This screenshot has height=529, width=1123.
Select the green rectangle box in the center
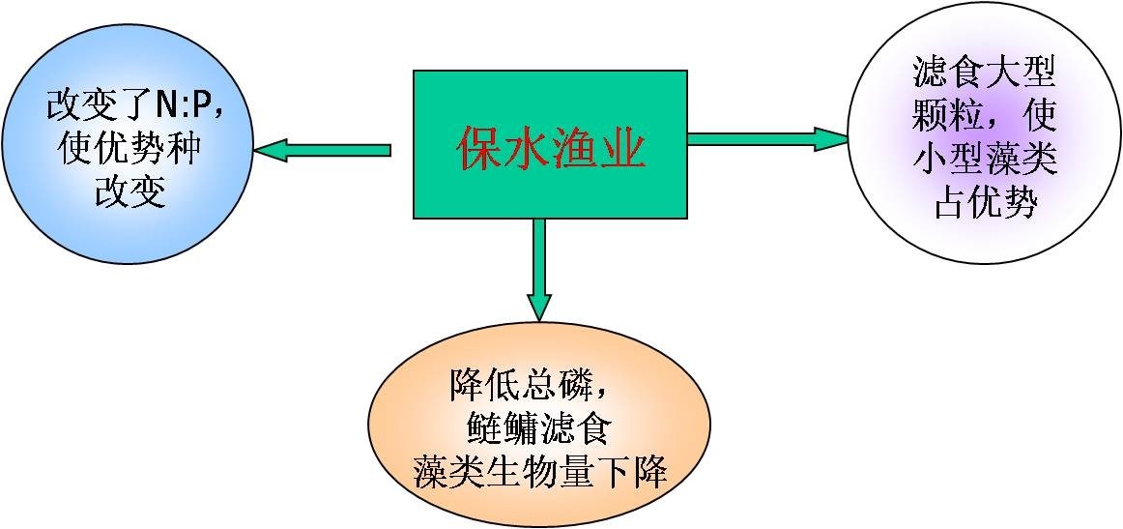coord(550,144)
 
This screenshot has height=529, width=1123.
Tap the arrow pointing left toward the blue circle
coord(323,150)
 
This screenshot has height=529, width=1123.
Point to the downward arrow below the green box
coord(539,270)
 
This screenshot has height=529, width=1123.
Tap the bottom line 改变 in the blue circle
coord(130,191)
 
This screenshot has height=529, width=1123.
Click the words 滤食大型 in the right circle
coord(985,72)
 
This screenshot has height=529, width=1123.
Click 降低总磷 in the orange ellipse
coord(521,385)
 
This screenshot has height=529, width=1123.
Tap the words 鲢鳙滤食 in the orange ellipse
coord(538,428)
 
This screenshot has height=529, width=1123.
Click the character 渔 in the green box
coord(575,149)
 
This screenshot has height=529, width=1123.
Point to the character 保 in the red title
coord(480,149)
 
